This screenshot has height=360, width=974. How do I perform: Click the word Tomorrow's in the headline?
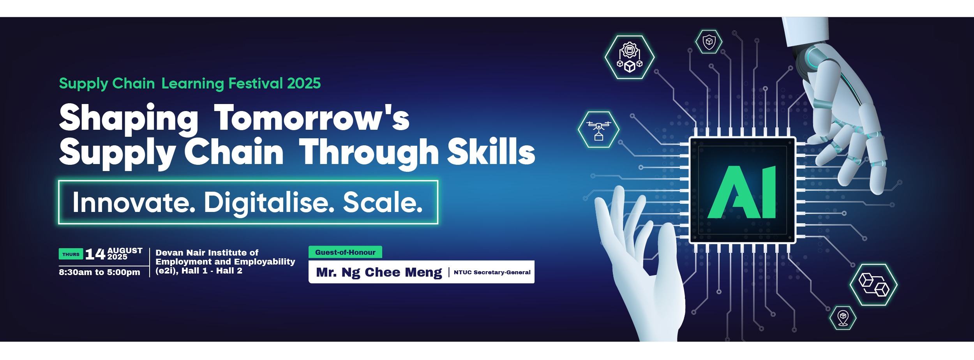pos(312,117)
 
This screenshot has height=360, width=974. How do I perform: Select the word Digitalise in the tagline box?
pos(269,203)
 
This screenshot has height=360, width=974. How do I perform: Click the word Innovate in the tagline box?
pos(134,202)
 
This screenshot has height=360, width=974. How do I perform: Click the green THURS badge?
pos(71,254)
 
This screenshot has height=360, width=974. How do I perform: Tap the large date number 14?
pos(95,254)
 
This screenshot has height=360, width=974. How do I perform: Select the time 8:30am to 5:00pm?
pos(99,272)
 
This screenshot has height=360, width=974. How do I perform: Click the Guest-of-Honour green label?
pos(345,252)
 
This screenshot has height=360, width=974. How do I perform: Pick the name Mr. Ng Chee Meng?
pos(379,272)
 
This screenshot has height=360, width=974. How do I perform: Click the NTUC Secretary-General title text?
pos(492,272)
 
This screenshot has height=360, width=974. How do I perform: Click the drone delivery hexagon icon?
pos(598,129)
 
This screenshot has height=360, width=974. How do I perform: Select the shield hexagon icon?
pos(709,41)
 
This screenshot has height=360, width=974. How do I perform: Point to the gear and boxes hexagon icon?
pos(630,57)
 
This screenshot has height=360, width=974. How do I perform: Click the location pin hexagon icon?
pos(843,318)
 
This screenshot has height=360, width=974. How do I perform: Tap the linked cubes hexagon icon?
pos(873,285)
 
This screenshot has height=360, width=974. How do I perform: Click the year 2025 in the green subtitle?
pos(304,83)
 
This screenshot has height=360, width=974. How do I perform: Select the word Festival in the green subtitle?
pos(256,83)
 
